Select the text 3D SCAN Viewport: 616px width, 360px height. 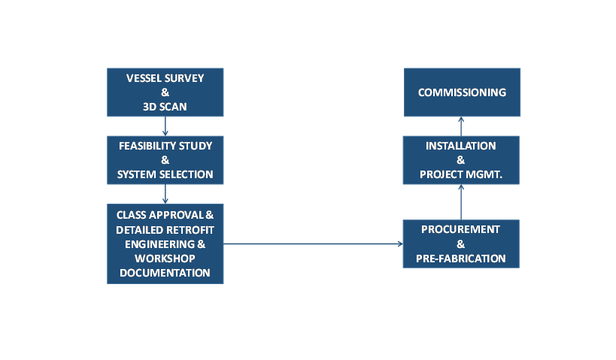click(x=165, y=107)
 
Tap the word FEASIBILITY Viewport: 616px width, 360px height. click(x=147, y=146)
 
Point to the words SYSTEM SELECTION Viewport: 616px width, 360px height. click(x=165, y=174)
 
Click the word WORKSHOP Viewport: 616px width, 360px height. click(x=165, y=259)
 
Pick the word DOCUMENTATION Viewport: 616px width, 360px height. click(x=165, y=273)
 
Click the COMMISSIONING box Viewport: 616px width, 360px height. click(x=462, y=92)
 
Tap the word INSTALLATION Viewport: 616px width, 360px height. click(x=461, y=146)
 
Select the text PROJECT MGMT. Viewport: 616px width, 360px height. click(x=461, y=174)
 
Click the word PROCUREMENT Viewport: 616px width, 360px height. click(x=461, y=229)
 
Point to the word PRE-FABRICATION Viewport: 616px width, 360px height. click(x=461, y=259)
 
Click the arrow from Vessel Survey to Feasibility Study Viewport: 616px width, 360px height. click(x=165, y=126)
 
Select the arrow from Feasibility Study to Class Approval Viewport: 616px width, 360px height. click(x=165, y=194)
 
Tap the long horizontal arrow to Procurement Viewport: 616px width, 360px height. click(x=313, y=244)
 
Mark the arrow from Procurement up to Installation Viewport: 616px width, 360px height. click(x=461, y=202)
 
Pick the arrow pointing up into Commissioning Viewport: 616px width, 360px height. click(x=461, y=126)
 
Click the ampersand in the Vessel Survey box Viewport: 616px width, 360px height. click(x=165, y=92)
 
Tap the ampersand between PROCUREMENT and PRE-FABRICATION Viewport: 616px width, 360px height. click(x=461, y=244)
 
